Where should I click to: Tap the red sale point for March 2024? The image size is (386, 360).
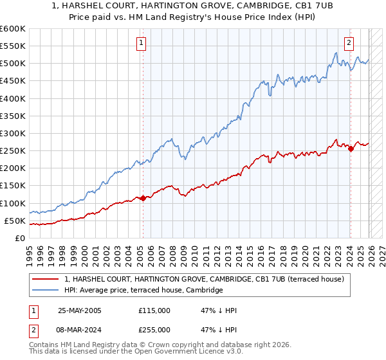(351, 149)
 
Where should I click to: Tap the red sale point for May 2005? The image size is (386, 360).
(143, 198)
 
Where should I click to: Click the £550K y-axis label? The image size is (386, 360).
(13, 46)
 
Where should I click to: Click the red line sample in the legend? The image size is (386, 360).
(46, 279)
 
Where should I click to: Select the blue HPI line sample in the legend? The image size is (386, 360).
(46, 291)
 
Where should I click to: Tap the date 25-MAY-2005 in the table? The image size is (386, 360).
(80, 310)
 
